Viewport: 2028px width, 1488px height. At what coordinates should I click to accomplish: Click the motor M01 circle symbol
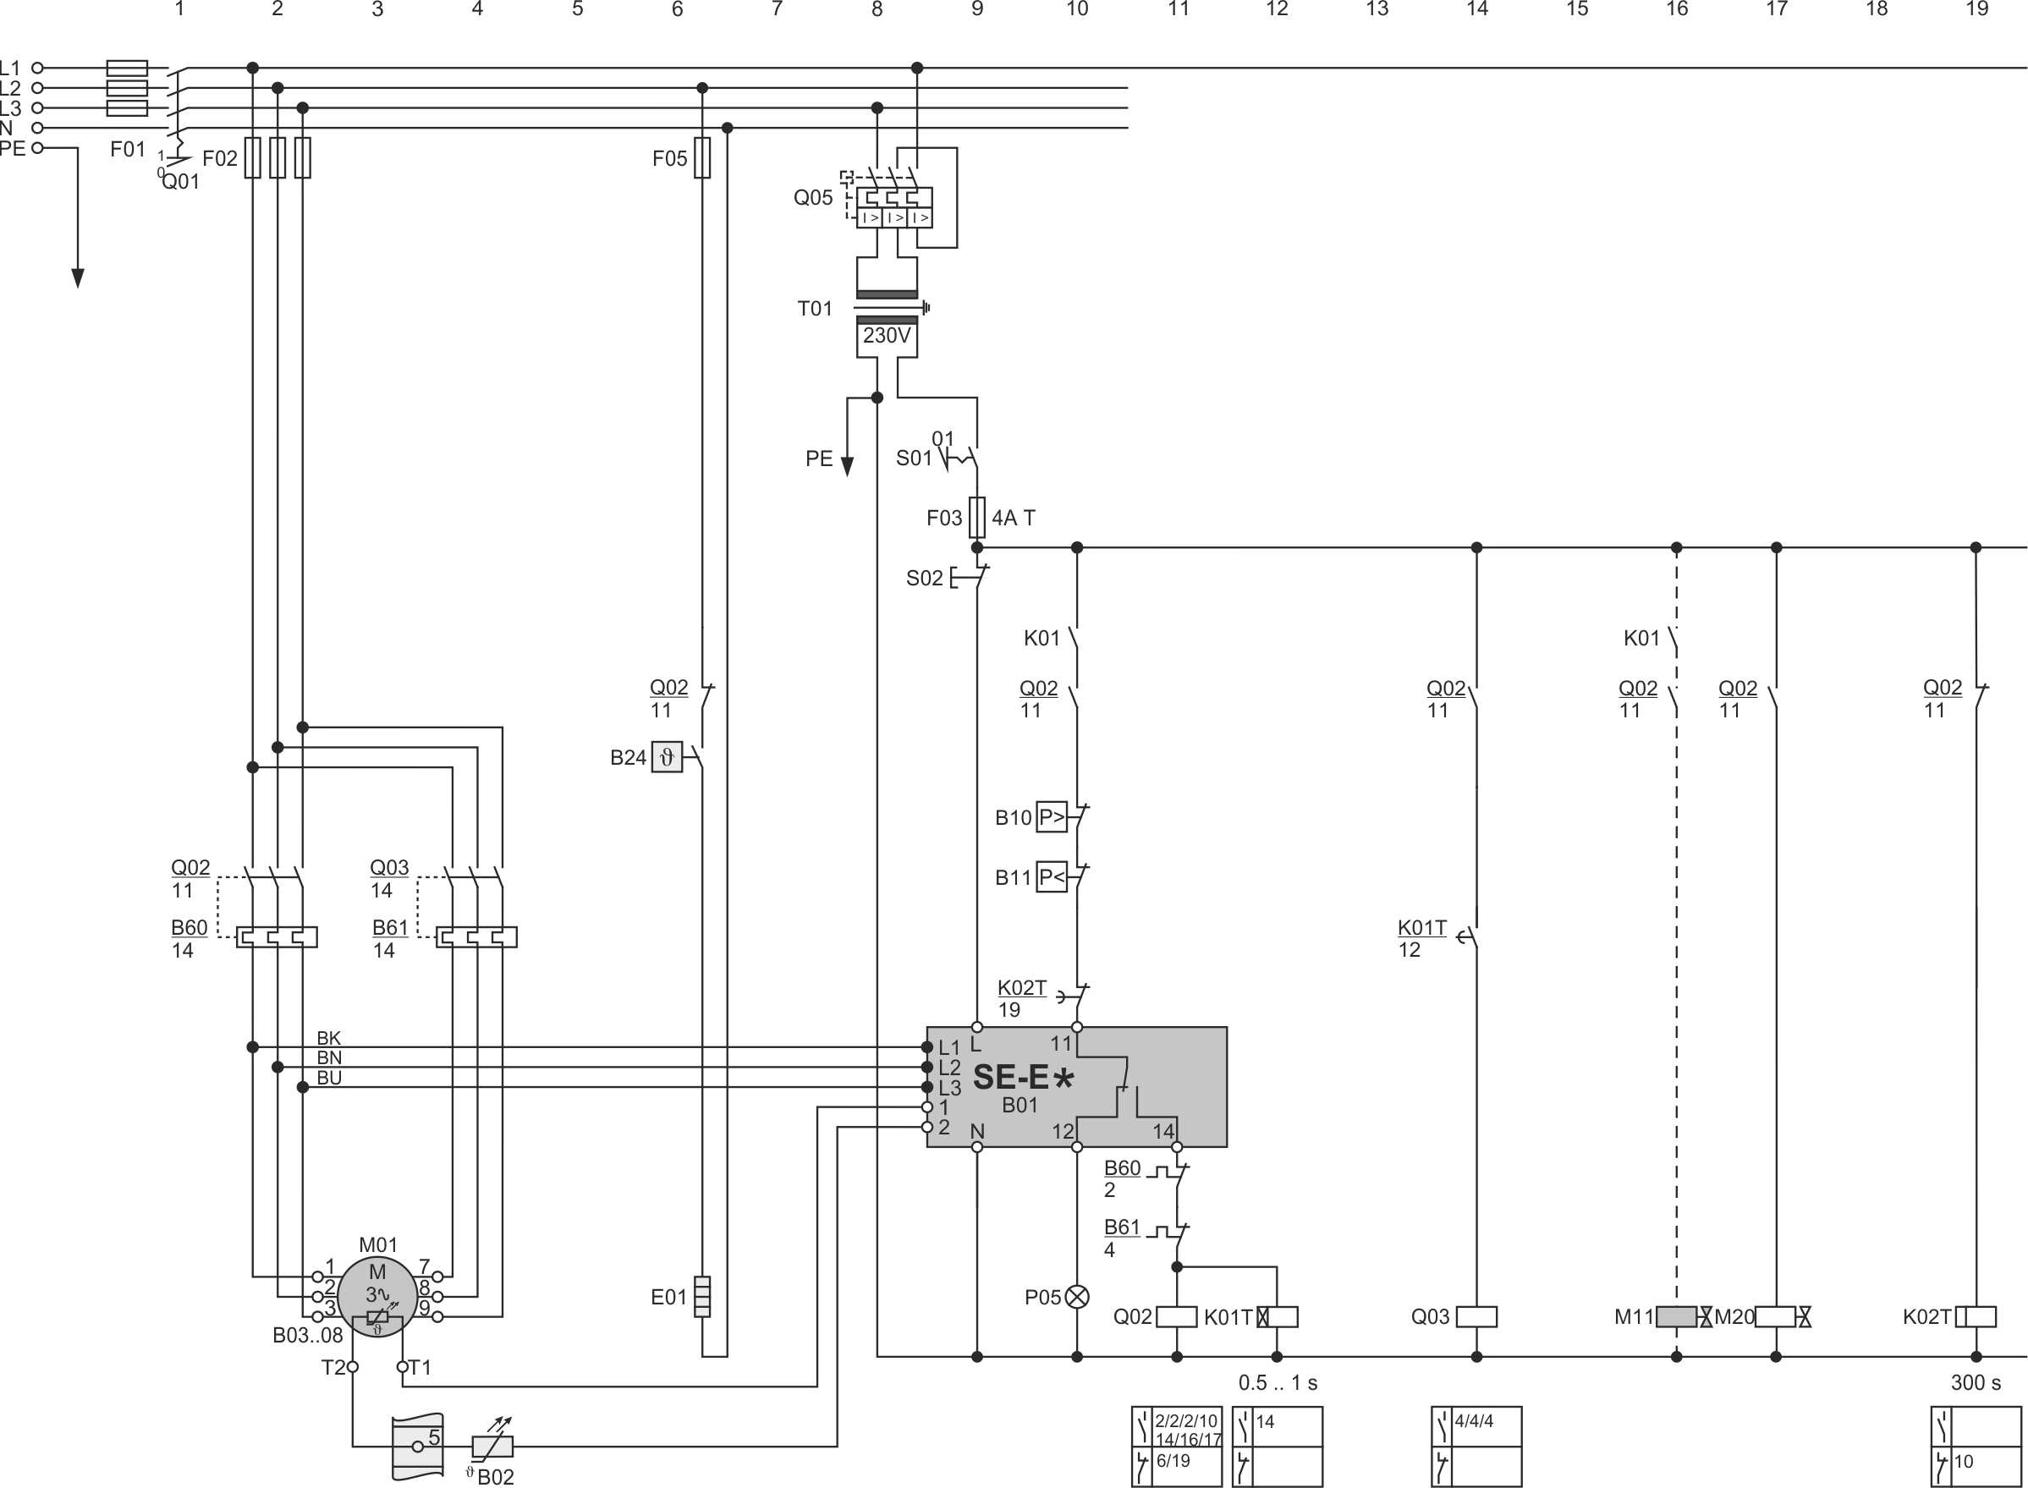376,1296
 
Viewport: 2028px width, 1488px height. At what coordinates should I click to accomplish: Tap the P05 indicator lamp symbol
1077,1297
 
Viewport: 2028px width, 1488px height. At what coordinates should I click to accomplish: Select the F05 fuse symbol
703,157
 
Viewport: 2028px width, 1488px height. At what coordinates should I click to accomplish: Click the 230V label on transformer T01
887,336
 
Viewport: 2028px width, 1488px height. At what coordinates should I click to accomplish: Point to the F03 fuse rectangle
976,517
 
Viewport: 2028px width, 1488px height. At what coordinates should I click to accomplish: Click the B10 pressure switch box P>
1052,817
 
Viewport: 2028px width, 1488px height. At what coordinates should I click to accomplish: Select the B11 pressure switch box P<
1052,876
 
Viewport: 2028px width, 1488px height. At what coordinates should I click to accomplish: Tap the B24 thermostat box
667,756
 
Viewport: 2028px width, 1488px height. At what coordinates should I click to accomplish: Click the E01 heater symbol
703,1296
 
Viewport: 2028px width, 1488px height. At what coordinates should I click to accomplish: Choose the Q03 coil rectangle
1476,1317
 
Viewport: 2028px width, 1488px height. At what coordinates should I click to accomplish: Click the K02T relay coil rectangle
1975,1317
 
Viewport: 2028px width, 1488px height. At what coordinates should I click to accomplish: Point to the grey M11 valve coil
1676,1317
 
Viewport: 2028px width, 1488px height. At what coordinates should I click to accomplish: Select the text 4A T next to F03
1014,518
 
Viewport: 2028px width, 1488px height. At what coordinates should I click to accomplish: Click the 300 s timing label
1975,1383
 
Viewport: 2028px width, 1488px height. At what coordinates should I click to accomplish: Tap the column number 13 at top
1377,9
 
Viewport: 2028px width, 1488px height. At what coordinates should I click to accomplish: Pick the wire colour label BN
329,1057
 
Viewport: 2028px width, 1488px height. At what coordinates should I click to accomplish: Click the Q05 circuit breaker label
813,197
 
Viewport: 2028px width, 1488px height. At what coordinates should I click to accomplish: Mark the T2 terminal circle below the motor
352,1367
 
